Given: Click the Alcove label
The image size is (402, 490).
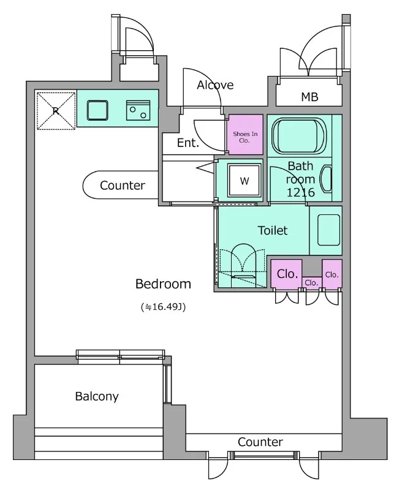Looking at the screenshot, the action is click(x=215, y=85).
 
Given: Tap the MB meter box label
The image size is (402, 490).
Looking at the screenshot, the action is click(x=309, y=97).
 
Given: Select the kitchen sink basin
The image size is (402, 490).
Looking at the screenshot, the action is click(x=97, y=110).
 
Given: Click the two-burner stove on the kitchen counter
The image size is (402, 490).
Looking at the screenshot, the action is click(x=138, y=110).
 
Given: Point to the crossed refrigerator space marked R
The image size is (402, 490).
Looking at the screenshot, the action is click(x=56, y=111).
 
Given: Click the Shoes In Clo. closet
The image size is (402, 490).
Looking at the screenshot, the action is click(x=246, y=134).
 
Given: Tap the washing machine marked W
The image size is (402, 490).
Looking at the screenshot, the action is click(x=245, y=180).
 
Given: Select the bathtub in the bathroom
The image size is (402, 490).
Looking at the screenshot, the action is click(x=299, y=135).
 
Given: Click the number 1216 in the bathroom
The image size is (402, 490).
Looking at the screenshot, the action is click(x=300, y=192).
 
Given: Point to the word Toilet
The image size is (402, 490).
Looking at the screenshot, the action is click(x=273, y=230).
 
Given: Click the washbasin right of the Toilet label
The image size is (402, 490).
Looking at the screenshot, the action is click(x=328, y=230).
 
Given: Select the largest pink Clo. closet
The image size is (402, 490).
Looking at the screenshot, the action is click(x=286, y=273).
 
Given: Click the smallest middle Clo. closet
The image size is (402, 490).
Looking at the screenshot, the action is click(x=312, y=282).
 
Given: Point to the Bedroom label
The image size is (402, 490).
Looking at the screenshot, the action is click(x=163, y=284).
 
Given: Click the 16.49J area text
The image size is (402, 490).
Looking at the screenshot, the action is click(x=163, y=307).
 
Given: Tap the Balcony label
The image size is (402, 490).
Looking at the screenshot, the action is click(x=97, y=396).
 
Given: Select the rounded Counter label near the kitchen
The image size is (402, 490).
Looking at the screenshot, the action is click(x=123, y=186).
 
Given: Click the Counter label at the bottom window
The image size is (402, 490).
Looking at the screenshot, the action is click(x=260, y=442).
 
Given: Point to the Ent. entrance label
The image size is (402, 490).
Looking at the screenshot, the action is click(x=188, y=143).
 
